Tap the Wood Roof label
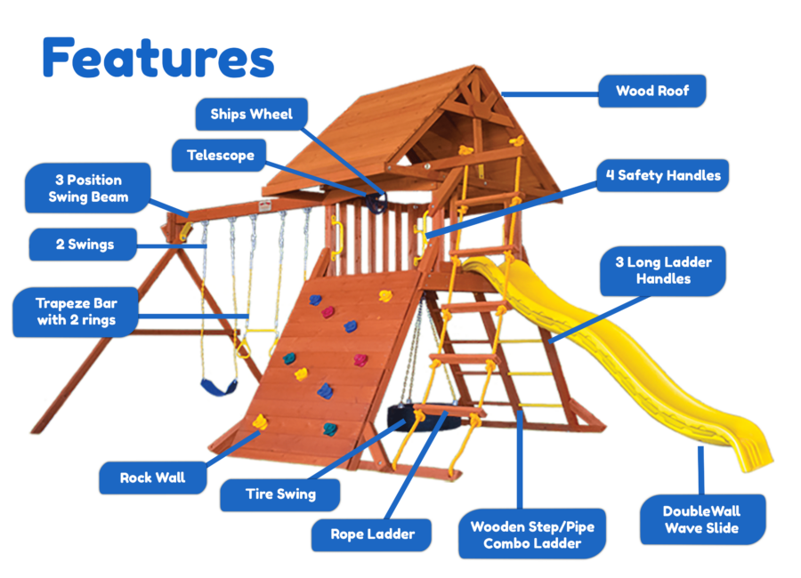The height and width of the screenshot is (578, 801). point(652,91)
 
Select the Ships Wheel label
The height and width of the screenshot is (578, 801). point(251,114)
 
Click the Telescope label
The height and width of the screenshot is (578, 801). point(220,156)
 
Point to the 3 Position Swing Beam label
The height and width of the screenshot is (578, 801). point(88,189)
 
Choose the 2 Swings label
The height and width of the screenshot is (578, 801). point(85,245)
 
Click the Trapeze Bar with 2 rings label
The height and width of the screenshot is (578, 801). point(76,311)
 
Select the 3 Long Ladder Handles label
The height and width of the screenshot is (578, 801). point(657,270)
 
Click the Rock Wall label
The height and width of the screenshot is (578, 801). point(152,478)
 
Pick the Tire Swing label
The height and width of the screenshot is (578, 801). point(280,494)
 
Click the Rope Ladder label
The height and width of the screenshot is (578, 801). point(372,534)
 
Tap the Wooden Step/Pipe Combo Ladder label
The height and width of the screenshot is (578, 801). point(532,534)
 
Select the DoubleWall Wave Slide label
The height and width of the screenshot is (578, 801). point(701,519)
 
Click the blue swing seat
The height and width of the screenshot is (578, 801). point(219,387)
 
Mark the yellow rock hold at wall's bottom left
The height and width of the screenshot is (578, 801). point(260,421)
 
